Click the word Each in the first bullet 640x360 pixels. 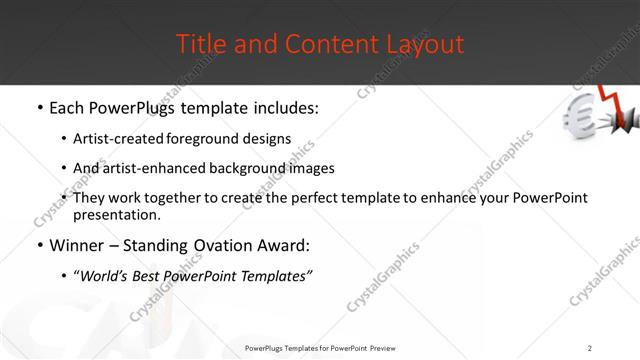point(69,107)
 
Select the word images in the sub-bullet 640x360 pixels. point(310,168)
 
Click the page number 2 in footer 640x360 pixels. point(590,348)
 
